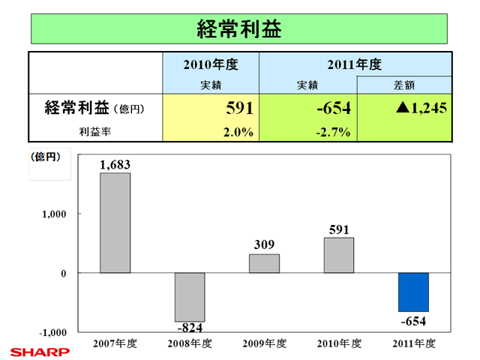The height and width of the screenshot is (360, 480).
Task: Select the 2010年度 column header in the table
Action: [211, 65]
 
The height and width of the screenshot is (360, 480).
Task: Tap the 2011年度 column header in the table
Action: [355, 65]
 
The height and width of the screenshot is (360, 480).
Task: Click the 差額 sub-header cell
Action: [404, 85]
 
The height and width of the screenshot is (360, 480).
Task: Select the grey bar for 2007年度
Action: [115, 223]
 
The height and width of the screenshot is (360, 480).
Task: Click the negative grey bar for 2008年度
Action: [190, 297]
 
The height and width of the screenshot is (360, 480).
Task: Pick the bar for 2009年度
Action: [264, 263]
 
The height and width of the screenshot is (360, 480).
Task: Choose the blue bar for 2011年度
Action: [413, 292]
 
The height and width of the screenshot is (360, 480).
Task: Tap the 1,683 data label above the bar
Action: [115, 164]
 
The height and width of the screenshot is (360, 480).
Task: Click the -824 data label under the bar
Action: [189, 328]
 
